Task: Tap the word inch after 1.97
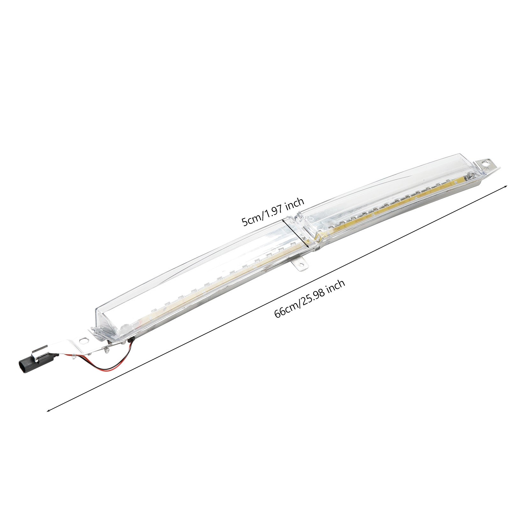(295, 204)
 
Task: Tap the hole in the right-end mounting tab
(486, 163)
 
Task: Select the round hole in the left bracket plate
(84, 340)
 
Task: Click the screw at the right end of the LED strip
(470, 175)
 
